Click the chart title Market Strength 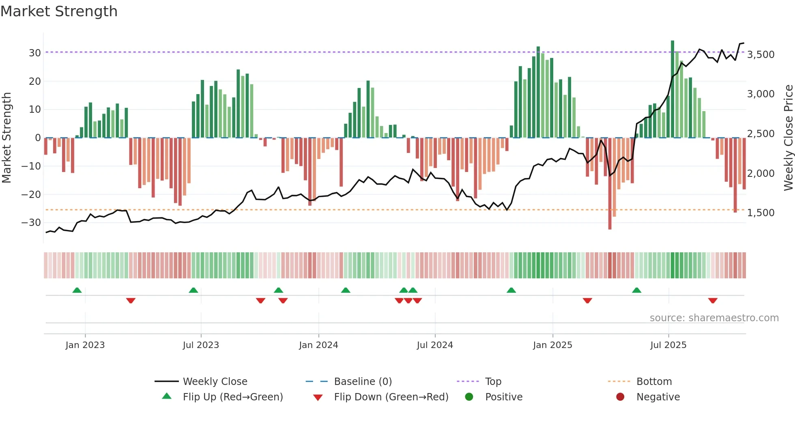click(x=59, y=11)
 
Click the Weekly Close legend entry click(x=215, y=382)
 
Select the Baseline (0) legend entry click(x=363, y=382)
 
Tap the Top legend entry click(x=493, y=382)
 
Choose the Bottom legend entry click(x=654, y=382)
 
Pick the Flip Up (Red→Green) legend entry click(x=232, y=397)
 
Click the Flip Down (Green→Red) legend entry click(x=391, y=397)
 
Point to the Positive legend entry click(x=503, y=397)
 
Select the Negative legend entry click(x=658, y=397)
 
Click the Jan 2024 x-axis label click(x=318, y=345)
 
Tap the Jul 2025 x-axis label click(x=668, y=345)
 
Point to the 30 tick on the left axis click(x=34, y=53)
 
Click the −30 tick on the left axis click(x=31, y=223)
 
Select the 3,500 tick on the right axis click(x=761, y=55)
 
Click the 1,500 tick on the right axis click(x=761, y=213)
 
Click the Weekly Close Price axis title click(x=788, y=138)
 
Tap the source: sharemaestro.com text click(x=714, y=318)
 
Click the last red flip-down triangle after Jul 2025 click(x=713, y=301)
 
